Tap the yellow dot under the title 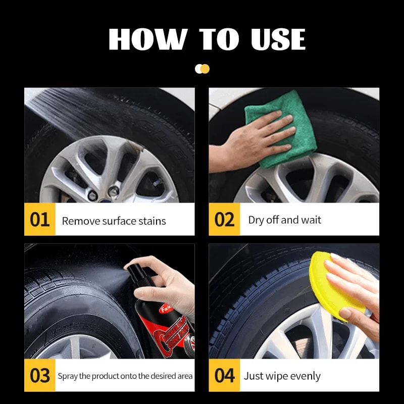[x=205, y=69]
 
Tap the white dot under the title [x=199, y=69]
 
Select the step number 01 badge [x=39, y=220]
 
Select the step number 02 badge [x=224, y=220]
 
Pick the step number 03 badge [x=39, y=376]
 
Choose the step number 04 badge [x=224, y=376]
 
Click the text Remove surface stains [x=114, y=221]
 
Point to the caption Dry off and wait [x=284, y=220]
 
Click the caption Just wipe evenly [x=282, y=376]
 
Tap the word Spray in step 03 [x=67, y=376]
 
